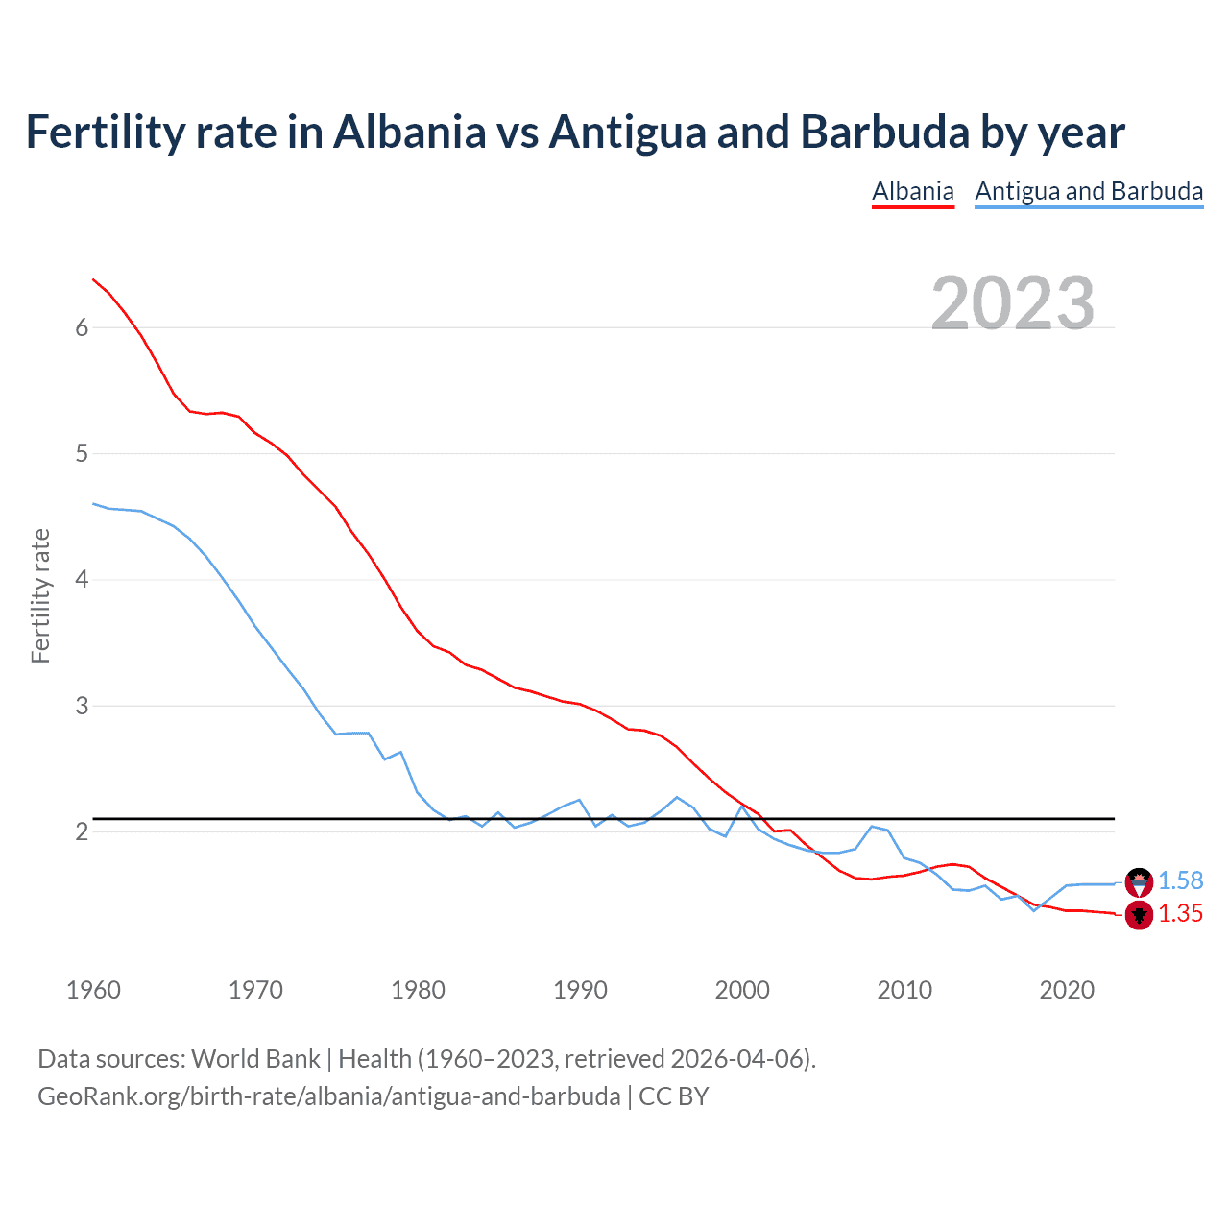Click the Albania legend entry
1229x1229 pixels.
coord(912,191)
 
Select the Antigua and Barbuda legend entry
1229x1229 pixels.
coord(1089,191)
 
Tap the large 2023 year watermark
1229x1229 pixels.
coord(1013,303)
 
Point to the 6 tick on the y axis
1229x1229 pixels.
coord(82,327)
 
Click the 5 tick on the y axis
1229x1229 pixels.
coord(82,453)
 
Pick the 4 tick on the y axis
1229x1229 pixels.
coord(82,579)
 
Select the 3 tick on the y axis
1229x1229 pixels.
coord(82,706)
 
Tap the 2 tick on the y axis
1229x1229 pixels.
coord(82,831)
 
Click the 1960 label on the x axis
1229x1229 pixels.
coord(93,990)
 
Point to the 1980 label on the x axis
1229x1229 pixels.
coord(418,990)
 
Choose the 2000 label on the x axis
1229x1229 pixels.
coord(742,990)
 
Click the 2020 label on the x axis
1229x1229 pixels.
coord(1067,990)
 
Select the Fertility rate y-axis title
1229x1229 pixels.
coord(40,595)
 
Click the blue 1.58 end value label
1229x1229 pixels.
coord(1180,880)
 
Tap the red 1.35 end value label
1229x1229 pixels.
coord(1180,913)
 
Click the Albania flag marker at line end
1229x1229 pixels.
coord(1139,916)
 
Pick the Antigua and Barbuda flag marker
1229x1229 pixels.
coord(1139,880)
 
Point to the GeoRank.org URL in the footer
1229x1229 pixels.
coord(328,1096)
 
